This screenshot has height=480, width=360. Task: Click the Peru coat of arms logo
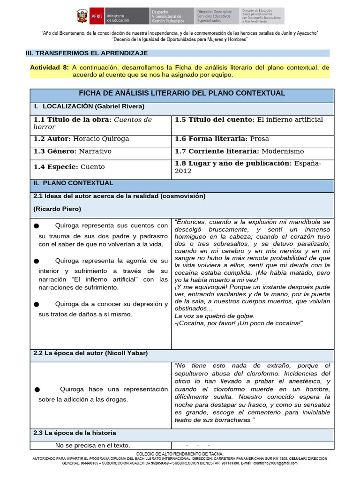click(83, 16)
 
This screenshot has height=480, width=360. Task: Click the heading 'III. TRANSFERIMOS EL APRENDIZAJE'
click(87, 53)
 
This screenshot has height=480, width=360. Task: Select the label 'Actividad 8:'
click(49, 67)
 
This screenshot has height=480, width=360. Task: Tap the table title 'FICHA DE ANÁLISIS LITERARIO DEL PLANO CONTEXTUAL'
click(182, 93)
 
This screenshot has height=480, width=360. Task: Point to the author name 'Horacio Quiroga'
click(101, 139)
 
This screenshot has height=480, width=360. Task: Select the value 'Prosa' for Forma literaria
click(259, 139)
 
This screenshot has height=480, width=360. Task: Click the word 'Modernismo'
click(283, 151)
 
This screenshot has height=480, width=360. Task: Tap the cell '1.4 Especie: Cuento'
click(69, 167)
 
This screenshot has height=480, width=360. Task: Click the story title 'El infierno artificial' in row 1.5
click(289, 120)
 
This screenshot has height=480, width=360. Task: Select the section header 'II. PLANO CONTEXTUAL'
click(74, 183)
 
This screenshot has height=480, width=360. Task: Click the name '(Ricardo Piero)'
click(58, 209)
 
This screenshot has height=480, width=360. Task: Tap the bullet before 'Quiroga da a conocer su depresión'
click(37, 305)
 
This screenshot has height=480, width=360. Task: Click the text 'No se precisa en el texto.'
click(92, 445)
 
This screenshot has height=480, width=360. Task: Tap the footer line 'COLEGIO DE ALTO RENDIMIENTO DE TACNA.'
click(180, 454)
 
